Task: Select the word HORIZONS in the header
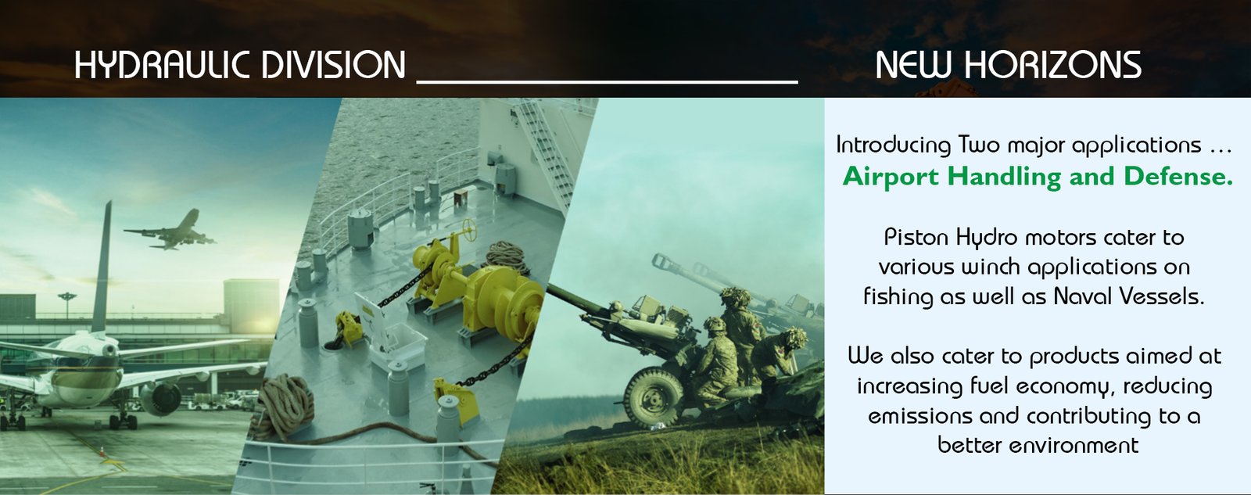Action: pyautogui.click(x=1053, y=65)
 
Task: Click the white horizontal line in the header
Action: pyautogui.click(x=607, y=82)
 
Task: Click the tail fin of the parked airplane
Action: pyautogui.click(x=102, y=268)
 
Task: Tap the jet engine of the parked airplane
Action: pyautogui.click(x=161, y=398)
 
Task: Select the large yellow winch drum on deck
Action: pyautogui.click(x=503, y=302)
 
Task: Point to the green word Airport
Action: pyautogui.click(x=891, y=178)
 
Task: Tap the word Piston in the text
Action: pyautogui.click(x=916, y=238)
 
